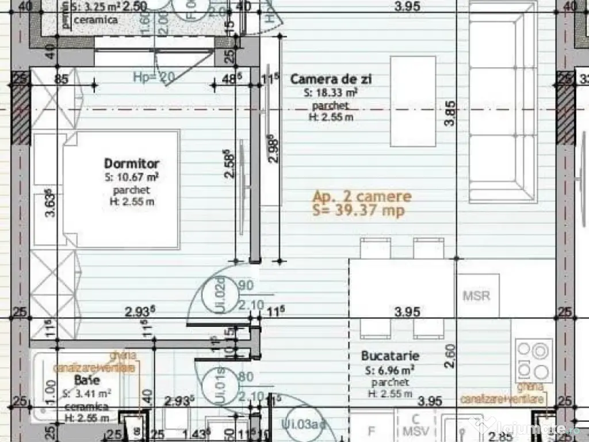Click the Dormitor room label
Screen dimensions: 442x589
(132, 163)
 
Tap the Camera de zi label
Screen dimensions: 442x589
(330, 79)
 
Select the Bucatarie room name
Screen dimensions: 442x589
(390, 356)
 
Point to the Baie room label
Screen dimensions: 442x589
(87, 380)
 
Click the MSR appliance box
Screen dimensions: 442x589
(477, 296)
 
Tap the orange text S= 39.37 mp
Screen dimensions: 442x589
(358, 211)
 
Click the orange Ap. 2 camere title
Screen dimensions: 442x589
(362, 196)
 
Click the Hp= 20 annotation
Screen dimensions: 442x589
(154, 77)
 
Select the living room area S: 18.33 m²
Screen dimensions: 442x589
(332, 93)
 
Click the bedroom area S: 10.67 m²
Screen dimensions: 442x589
(132, 177)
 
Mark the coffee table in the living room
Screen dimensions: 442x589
(413, 101)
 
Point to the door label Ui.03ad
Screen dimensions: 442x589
(304, 425)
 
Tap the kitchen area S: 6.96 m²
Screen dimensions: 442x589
(390, 370)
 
